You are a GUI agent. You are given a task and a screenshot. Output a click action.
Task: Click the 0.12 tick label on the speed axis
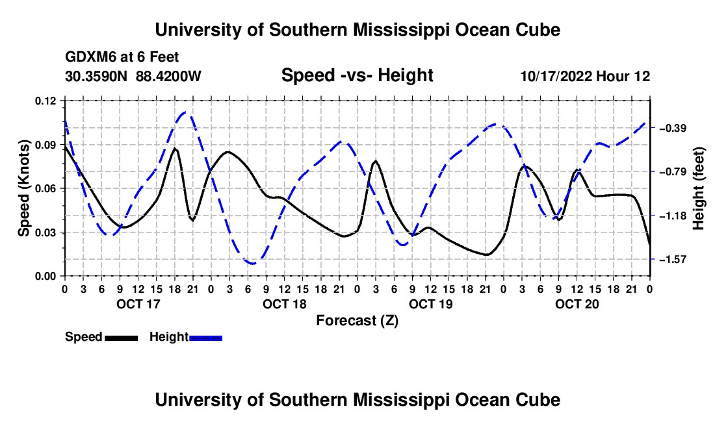pos(45,101)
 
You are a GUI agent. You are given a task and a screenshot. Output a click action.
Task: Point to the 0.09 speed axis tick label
pos(45,145)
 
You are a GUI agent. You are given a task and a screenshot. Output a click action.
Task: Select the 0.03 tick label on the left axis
pos(45,232)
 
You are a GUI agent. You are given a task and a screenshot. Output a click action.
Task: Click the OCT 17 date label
pos(138,304)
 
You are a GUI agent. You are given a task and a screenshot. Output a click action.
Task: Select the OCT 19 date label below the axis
pos(430,304)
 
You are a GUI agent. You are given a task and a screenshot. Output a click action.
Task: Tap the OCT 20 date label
pos(577,304)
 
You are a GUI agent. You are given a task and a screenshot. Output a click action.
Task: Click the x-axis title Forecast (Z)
pos(357,321)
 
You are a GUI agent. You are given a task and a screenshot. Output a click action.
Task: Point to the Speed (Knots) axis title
pos(24,188)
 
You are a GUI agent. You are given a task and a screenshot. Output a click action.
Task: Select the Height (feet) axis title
pos(699,188)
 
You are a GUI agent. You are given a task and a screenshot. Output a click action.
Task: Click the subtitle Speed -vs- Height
pos(357,75)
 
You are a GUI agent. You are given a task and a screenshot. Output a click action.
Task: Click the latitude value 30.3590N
pos(96,76)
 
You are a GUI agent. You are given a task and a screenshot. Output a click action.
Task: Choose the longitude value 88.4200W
pos(168,76)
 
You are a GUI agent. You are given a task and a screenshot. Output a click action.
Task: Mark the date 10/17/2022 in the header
pos(556,76)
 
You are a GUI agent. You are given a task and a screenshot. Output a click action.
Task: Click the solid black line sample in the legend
pos(122,338)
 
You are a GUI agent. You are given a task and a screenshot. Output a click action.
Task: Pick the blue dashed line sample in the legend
pos(205,338)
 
